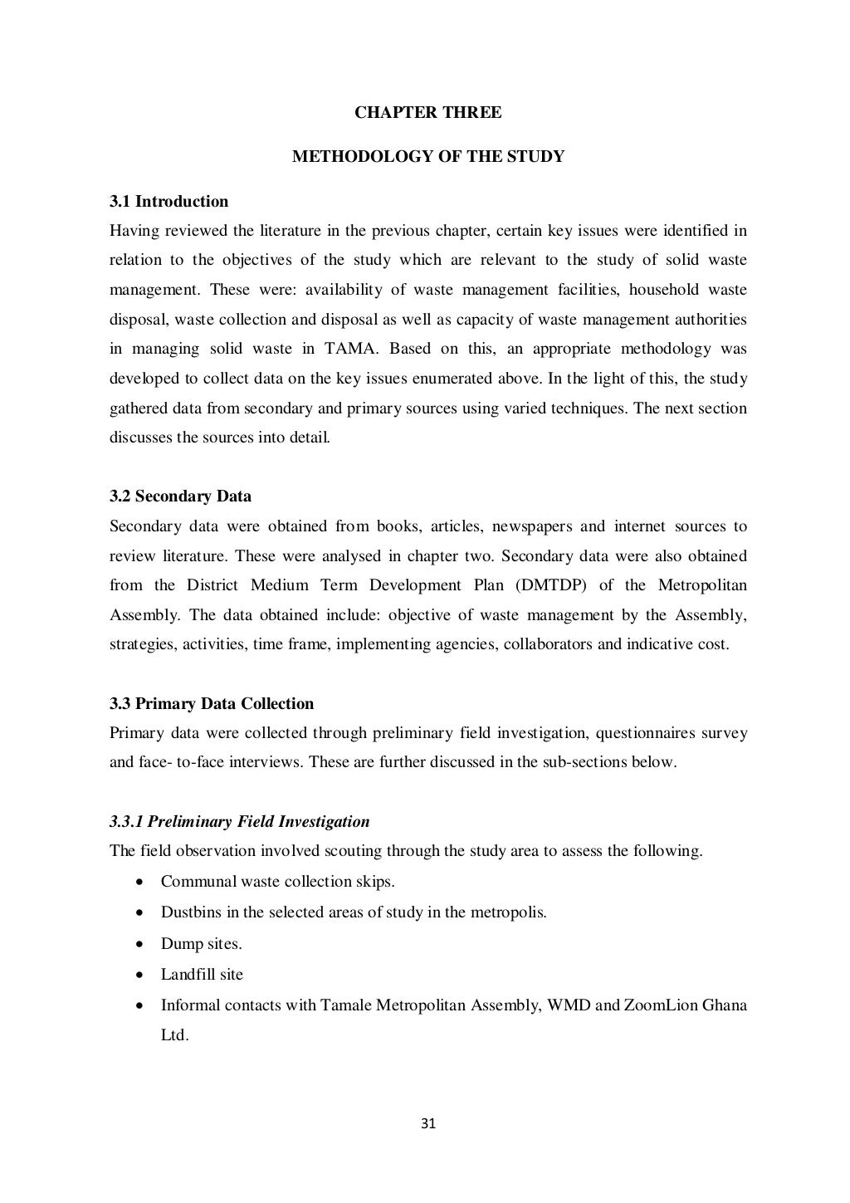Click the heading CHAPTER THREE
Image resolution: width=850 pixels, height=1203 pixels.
point(427,112)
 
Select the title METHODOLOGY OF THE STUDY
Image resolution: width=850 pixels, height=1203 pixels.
point(427,156)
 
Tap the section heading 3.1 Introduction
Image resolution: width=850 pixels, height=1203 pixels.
point(169,201)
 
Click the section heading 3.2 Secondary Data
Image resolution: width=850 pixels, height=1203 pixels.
point(180,496)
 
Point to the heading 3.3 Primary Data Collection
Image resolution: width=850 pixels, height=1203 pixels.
point(212,703)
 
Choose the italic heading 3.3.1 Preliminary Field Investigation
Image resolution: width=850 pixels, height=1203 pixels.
point(239,822)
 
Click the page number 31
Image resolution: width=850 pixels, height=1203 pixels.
point(428,1124)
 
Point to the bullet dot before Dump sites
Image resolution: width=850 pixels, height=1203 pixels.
point(142,944)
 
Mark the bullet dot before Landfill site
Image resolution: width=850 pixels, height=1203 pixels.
point(142,975)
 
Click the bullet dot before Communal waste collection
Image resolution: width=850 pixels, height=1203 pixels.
point(142,882)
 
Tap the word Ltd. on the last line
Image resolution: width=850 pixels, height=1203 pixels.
point(174,1035)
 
